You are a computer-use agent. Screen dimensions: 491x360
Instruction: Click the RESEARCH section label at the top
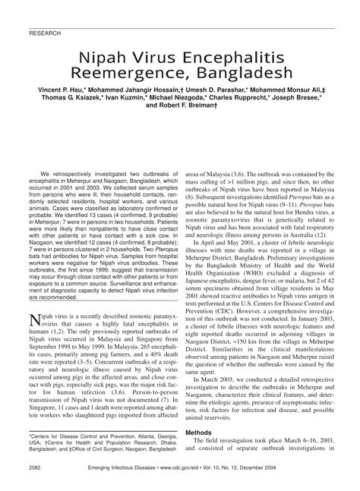coord(44,34)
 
